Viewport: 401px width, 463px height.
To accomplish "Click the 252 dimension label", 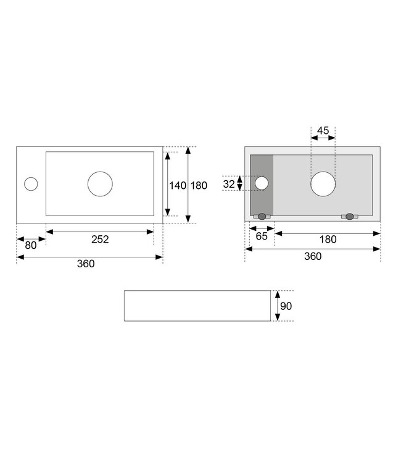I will (100, 240).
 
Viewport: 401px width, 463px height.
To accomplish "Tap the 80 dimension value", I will (30, 245).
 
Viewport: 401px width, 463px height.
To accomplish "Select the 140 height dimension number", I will (178, 185).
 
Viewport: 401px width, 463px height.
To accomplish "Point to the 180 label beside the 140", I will (199, 185).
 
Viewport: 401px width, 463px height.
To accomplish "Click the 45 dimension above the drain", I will (323, 130).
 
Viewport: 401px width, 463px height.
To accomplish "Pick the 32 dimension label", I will (229, 183).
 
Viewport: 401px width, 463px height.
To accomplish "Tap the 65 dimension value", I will (261, 236).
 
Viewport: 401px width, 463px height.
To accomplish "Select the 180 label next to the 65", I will (328, 240).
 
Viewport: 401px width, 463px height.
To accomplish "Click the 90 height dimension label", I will (285, 306).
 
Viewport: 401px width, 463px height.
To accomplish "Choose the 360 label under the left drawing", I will (86, 264).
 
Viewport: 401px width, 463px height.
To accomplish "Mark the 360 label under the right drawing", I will (313, 256).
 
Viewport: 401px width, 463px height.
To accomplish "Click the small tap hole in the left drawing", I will (30, 183).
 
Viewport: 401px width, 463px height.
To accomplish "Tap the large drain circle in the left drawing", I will (100, 184).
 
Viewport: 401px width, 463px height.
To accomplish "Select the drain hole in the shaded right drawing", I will (323, 184).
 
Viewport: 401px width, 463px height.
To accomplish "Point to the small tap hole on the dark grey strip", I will (261, 183).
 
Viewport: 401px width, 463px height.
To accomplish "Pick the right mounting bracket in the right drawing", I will (350, 217).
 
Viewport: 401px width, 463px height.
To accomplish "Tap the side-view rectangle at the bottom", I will (197, 306).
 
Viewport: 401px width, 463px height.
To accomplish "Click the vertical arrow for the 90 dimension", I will (278, 306).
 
